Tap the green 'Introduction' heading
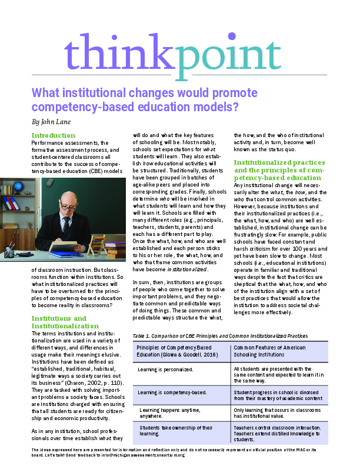(54, 135)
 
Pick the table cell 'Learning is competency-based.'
(167, 391)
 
